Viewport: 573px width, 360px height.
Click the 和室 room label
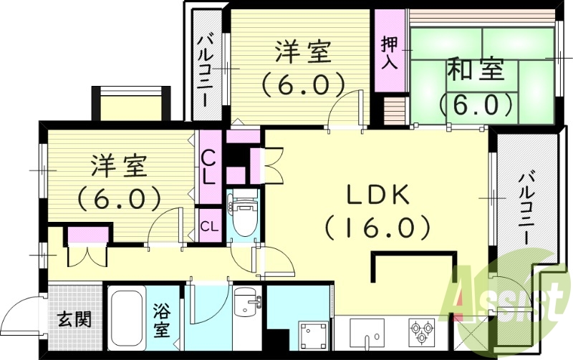click(476, 70)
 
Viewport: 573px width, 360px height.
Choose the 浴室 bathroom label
click(160, 321)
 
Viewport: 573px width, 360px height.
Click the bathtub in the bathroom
click(128, 318)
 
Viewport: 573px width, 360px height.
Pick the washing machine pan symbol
click(314, 334)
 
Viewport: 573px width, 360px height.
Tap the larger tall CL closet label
click(209, 165)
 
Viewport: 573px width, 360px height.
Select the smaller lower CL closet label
click(209, 227)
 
